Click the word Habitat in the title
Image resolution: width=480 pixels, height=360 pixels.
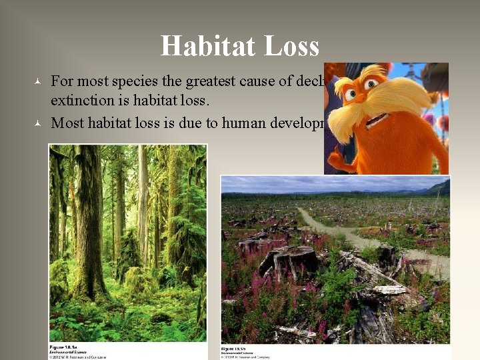coord(205,46)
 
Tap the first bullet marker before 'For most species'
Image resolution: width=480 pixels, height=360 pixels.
coord(39,83)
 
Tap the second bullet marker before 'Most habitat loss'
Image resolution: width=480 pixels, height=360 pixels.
coord(39,123)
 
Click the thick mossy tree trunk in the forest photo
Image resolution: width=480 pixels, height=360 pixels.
coord(87,220)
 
